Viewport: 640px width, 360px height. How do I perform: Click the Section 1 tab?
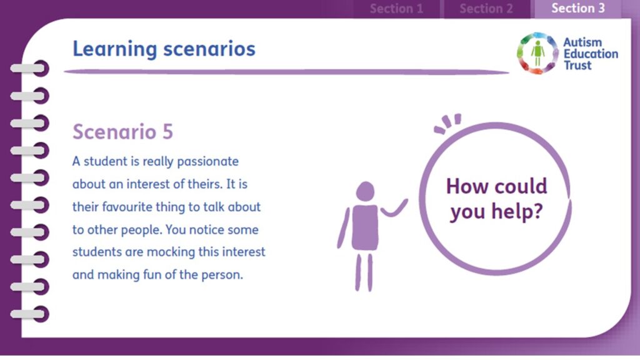[x=396, y=9]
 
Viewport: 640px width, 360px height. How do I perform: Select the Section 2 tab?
[x=486, y=9]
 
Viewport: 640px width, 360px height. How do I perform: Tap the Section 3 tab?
[x=578, y=9]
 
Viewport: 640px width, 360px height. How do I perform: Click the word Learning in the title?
[x=115, y=49]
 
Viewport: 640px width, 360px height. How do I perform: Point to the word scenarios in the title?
[x=209, y=49]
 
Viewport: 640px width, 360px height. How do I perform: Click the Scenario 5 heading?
[x=123, y=132]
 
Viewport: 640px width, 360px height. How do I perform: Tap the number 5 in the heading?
[x=167, y=132]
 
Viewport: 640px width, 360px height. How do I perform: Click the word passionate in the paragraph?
[x=207, y=162]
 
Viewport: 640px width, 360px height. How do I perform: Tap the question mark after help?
[x=538, y=211]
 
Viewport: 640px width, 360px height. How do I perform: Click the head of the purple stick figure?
[x=365, y=191]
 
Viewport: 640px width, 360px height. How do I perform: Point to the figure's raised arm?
[x=394, y=208]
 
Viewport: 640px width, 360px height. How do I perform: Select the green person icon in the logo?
[x=537, y=53]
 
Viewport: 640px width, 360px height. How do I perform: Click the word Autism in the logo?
[x=582, y=42]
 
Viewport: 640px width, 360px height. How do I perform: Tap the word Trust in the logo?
[x=577, y=65]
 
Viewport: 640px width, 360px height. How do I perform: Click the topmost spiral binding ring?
[x=30, y=68]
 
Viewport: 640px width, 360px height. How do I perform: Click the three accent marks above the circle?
[x=447, y=123]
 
